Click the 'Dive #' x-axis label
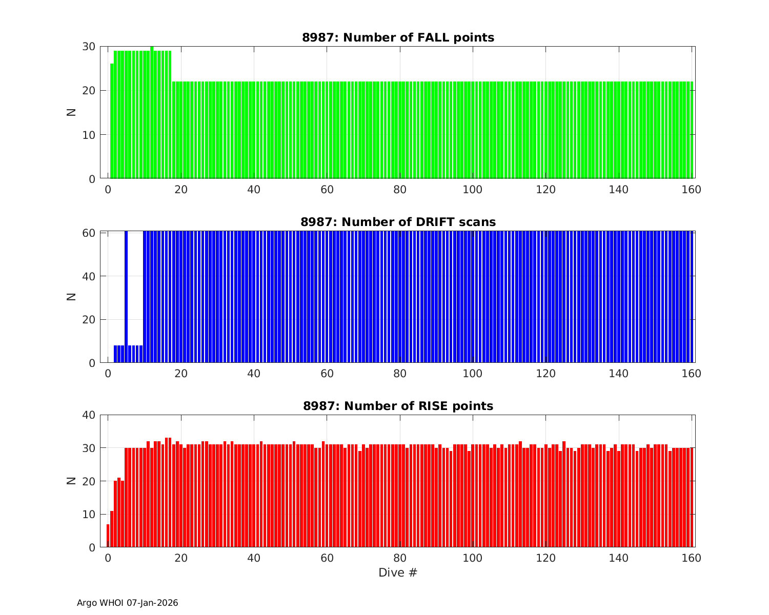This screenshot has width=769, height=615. (398, 572)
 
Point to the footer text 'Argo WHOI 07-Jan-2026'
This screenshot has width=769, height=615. (127, 603)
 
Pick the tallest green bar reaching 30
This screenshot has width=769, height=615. (152, 113)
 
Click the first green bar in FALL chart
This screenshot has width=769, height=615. (112, 121)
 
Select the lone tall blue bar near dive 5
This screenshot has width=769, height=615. (126, 297)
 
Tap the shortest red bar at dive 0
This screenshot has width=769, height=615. (108, 536)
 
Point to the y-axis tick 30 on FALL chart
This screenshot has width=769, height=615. (89, 47)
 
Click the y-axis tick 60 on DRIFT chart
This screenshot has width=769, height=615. (89, 233)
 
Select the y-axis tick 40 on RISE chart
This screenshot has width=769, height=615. (89, 415)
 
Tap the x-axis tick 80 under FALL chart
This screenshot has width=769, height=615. (400, 189)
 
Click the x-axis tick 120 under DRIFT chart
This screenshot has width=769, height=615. (545, 373)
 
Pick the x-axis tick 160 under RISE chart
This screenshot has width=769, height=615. (691, 558)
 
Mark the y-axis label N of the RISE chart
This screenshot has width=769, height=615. (72, 481)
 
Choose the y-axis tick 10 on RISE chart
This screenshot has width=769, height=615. (89, 514)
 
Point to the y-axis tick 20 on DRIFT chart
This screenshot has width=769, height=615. (89, 319)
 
